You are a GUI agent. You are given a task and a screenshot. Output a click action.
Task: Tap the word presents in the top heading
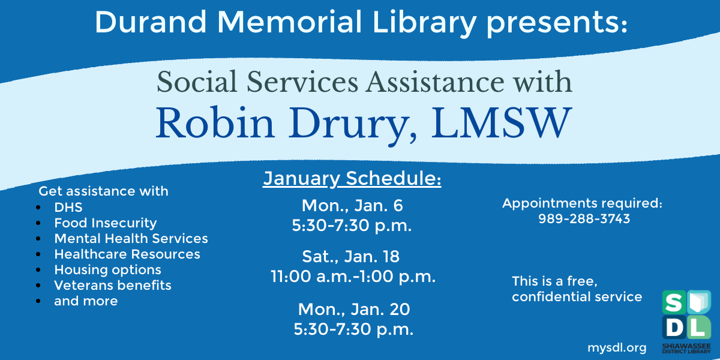[x=555, y=23]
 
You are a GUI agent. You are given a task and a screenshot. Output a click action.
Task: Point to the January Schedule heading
[x=352, y=179]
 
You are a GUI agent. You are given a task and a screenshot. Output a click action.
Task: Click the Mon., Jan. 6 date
[x=352, y=206]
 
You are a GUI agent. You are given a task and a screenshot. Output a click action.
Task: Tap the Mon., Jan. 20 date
[x=353, y=309]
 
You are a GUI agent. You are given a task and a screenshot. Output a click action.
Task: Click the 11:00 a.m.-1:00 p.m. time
[x=353, y=277]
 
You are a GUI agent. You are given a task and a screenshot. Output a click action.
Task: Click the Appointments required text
[x=582, y=203]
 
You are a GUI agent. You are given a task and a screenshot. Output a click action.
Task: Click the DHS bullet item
[x=68, y=208]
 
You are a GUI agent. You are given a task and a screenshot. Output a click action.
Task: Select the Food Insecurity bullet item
[x=106, y=223]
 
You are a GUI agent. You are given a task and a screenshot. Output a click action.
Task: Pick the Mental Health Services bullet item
[x=131, y=239]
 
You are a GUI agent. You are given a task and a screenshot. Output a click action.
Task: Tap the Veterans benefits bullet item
[x=113, y=286]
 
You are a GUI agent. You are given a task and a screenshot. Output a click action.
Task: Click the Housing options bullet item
[x=107, y=270]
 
